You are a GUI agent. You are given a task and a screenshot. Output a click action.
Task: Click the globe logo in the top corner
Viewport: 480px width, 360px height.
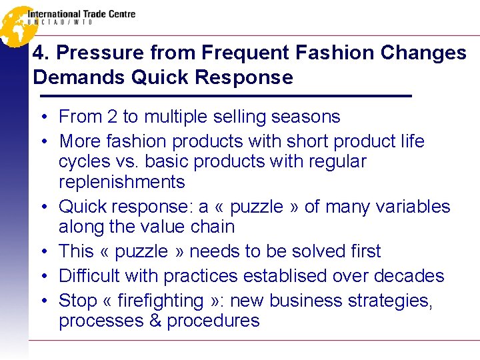(15, 25)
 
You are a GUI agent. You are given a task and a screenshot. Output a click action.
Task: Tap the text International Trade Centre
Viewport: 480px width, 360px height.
(81, 13)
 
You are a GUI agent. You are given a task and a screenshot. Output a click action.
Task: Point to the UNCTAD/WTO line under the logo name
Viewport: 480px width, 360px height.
(60, 23)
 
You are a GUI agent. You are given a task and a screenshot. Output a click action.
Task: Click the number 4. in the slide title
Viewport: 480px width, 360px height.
(41, 53)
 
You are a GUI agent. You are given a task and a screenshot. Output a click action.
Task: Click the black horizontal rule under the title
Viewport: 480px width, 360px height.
(222, 97)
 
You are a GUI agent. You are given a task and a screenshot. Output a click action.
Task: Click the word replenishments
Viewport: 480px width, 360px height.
(122, 181)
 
